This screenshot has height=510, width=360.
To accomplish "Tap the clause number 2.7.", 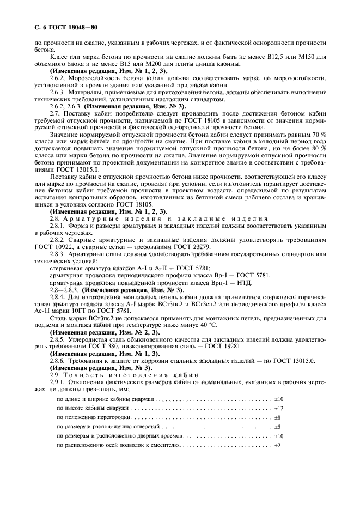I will [56, 113].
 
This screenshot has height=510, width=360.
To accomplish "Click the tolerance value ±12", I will [278, 408].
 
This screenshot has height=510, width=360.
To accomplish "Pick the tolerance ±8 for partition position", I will [277, 417].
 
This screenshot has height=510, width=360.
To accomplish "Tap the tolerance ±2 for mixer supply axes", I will [277, 446].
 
